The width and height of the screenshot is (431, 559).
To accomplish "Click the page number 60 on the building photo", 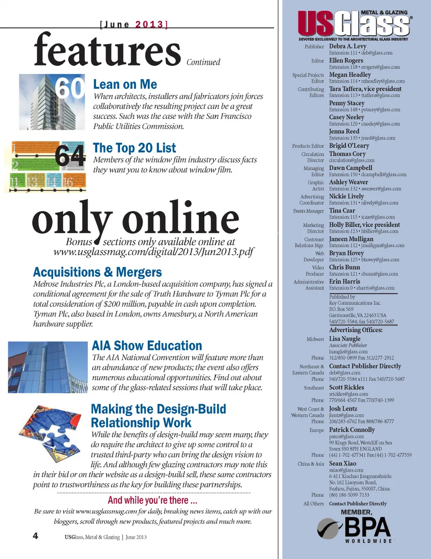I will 70,88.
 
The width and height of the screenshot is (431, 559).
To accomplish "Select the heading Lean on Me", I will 125,84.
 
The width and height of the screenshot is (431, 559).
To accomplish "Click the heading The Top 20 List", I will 134,148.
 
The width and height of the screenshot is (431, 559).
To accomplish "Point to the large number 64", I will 70,156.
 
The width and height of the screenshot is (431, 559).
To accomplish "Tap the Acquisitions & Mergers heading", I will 97,272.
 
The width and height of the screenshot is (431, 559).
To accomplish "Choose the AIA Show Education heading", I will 147,345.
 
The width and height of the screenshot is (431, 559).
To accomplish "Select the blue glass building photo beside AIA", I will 48,367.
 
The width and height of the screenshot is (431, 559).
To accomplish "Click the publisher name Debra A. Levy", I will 347,46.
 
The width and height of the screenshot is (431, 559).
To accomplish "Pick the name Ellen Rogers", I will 346,60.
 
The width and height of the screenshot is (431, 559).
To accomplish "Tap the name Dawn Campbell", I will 350,168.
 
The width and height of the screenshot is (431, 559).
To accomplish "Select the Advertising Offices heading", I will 356,330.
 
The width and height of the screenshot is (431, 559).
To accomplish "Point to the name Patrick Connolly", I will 352,430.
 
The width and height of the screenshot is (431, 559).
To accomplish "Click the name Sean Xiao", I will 342,463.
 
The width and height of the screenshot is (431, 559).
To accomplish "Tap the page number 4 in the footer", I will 35,536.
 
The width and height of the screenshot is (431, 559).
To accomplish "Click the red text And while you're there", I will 152,500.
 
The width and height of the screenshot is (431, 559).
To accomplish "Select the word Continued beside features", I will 203,62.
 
